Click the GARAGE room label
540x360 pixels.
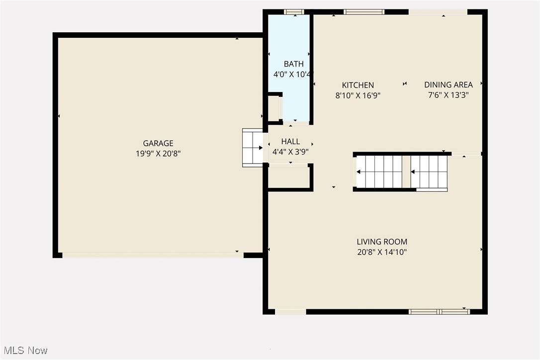(158, 143)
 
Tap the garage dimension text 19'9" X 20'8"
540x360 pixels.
(158, 154)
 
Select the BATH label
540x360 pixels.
(294, 64)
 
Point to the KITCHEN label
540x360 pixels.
(358, 85)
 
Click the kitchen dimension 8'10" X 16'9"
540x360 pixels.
(358, 95)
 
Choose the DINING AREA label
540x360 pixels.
(449, 85)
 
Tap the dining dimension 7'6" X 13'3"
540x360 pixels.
(449, 95)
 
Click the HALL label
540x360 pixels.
(290, 141)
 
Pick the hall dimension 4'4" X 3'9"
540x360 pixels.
(290, 152)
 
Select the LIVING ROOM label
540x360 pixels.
(382, 242)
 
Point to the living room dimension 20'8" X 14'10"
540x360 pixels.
(382, 252)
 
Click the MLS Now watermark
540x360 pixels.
(26, 351)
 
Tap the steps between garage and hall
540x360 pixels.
(253, 148)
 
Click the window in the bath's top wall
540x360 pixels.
(294, 12)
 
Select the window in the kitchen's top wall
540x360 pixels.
(364, 12)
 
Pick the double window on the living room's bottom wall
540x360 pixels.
(440, 312)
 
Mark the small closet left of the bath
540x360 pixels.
(274, 108)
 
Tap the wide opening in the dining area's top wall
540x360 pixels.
(438, 12)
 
